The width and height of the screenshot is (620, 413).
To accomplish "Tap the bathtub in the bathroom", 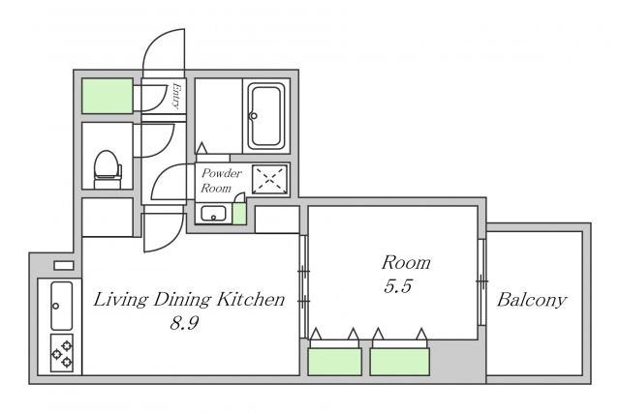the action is [x=266, y=115].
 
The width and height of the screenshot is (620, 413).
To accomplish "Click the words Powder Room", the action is [x=221, y=181].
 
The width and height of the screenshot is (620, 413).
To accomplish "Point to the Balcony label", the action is [x=532, y=300].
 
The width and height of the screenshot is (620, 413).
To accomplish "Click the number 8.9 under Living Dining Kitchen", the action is [x=184, y=323].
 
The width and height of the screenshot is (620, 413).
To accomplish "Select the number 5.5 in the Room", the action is [x=398, y=286].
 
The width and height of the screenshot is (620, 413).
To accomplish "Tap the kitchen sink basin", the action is [x=62, y=306].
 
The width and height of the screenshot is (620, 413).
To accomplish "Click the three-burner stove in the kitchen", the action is [x=62, y=353].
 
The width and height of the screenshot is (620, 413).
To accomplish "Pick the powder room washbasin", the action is [x=213, y=214].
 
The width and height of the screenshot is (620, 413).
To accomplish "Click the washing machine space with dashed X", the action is [x=269, y=179].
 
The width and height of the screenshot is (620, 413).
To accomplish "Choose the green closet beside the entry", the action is [x=108, y=96].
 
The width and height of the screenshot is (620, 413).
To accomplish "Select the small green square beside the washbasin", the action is [x=239, y=214].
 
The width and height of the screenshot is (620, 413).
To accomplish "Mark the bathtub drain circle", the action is [x=254, y=116].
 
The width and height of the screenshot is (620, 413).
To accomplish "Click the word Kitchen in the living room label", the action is [x=251, y=299].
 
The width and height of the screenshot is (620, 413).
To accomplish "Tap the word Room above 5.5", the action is [x=406, y=263].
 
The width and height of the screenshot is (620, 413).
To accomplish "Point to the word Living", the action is [x=120, y=300].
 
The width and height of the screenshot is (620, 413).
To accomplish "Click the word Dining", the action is [x=182, y=300].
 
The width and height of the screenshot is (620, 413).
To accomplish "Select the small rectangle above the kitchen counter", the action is [x=64, y=265].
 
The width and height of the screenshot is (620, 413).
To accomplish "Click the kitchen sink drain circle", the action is [x=56, y=306].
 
